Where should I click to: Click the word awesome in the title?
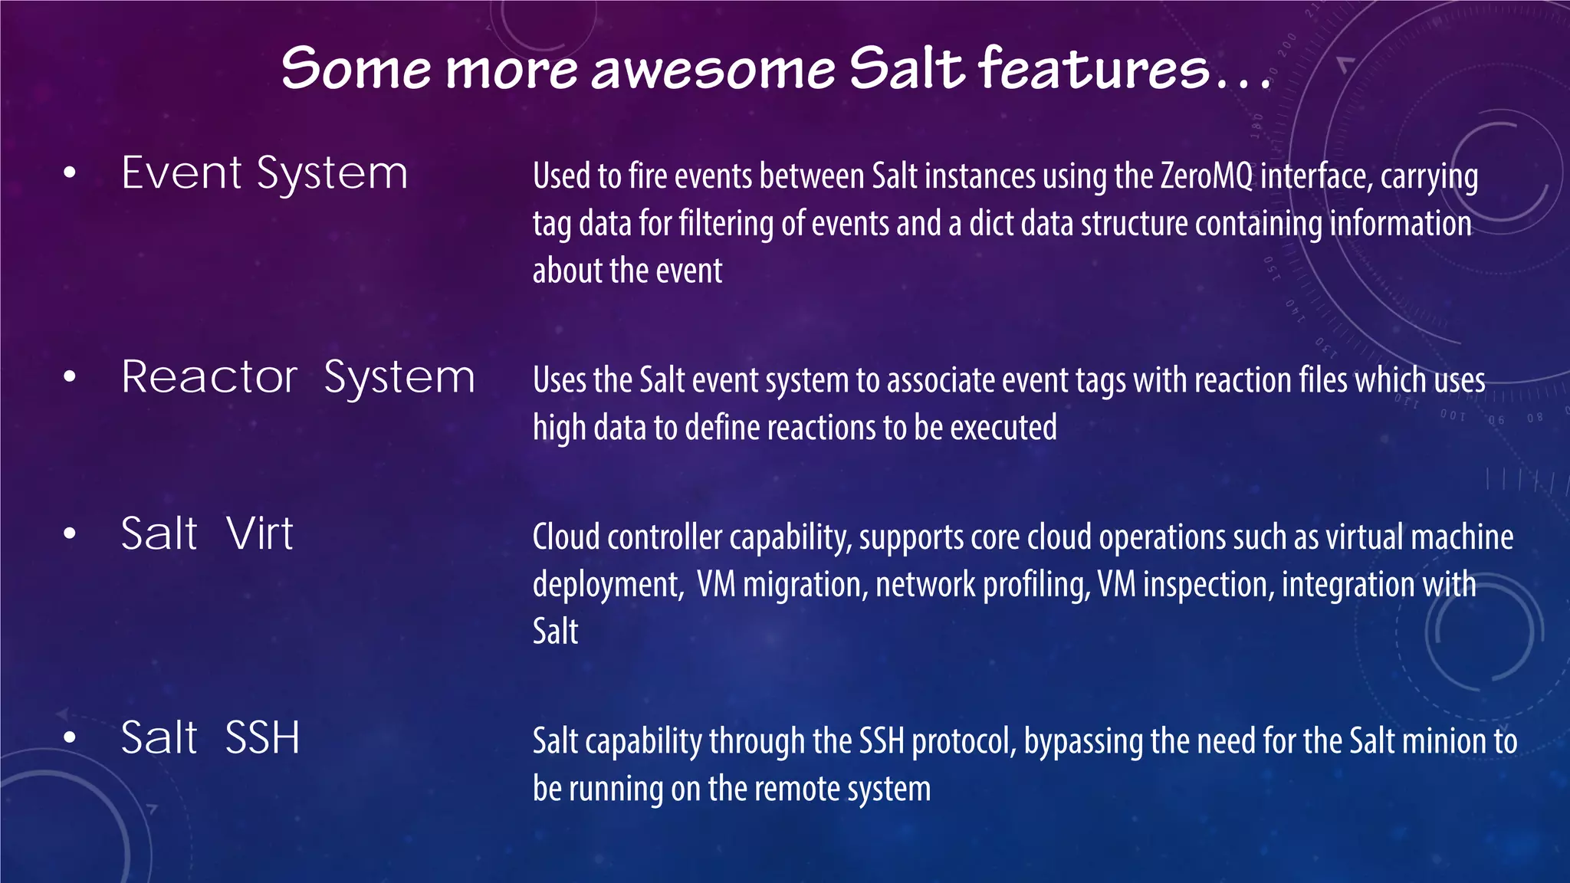pyautogui.click(x=713, y=69)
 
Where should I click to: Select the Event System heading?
pyautogui.click(x=264, y=173)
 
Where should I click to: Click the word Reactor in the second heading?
pyautogui.click(x=209, y=377)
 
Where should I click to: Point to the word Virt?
pyautogui.click(x=260, y=533)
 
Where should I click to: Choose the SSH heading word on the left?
pyautogui.click(x=262, y=737)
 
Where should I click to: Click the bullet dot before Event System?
pyautogui.click(x=70, y=174)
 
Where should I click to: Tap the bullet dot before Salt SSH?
pyautogui.click(x=70, y=738)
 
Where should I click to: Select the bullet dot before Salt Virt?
pyautogui.click(x=70, y=534)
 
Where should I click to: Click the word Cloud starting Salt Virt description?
pyautogui.click(x=567, y=537)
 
